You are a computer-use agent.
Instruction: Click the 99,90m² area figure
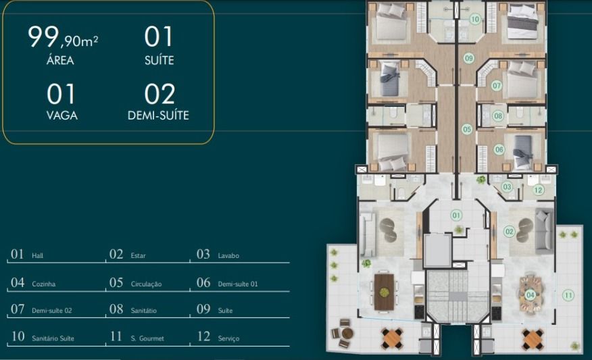[63, 37]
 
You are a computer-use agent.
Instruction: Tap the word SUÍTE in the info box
[159, 60]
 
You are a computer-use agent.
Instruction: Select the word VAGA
[62, 115]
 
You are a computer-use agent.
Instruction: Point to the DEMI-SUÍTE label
[158, 115]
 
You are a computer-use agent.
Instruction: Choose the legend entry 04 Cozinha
[33, 282]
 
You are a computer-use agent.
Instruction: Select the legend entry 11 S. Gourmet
[137, 336]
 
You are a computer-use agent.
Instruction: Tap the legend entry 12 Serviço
[218, 336]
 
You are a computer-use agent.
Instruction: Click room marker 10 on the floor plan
[475, 19]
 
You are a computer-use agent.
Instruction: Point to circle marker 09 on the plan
[469, 58]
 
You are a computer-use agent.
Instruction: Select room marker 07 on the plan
[497, 86]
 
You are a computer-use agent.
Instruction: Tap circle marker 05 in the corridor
[467, 130]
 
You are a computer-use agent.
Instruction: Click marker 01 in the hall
[456, 215]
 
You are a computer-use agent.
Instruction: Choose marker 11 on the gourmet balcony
[568, 295]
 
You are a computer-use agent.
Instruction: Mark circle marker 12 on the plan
[539, 190]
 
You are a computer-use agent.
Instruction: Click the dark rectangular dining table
[384, 292]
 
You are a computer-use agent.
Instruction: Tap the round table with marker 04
[531, 294]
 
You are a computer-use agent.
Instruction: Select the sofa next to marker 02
[544, 232]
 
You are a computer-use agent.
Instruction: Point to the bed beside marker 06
[523, 152]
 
